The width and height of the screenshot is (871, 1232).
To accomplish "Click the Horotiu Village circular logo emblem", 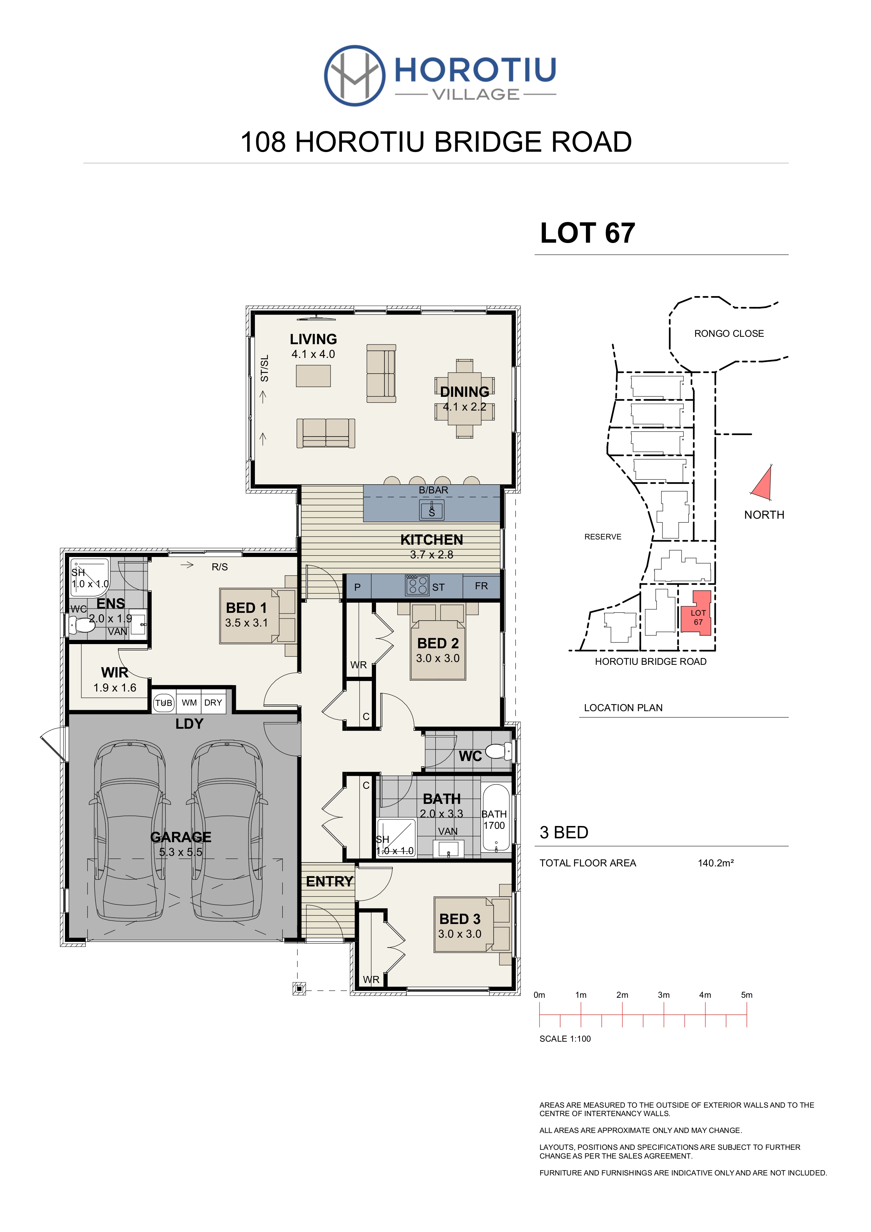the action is click(355, 76).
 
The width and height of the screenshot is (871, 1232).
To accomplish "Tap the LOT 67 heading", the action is click(587, 233).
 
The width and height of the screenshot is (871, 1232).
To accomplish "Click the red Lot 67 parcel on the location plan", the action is click(697, 613).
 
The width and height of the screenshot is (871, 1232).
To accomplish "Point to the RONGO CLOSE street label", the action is click(729, 334).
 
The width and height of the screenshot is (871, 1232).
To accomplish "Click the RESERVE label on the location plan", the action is click(603, 537).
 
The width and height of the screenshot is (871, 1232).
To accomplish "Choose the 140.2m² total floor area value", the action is click(715, 863).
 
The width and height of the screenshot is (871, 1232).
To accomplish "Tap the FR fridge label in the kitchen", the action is click(481, 586).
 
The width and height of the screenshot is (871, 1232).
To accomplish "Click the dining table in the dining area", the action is click(464, 399).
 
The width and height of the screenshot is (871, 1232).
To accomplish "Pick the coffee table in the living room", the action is click(313, 376).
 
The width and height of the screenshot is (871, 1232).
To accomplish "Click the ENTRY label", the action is click(329, 882).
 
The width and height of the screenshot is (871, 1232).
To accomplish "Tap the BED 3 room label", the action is click(460, 919).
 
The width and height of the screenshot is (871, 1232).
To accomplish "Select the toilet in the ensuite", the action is click(81, 624).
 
